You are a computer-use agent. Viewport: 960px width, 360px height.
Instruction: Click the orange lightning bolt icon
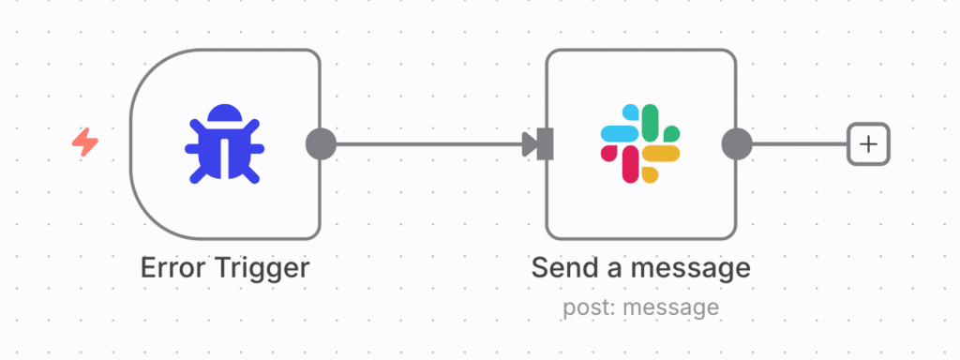(85, 142)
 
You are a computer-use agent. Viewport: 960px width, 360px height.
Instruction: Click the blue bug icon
(225, 143)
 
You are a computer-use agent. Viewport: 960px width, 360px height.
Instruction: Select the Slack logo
(640, 143)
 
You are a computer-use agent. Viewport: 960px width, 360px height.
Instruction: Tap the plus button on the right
(868, 144)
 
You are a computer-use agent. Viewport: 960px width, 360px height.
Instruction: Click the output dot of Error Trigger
(321, 144)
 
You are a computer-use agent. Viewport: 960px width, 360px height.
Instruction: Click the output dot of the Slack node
(737, 144)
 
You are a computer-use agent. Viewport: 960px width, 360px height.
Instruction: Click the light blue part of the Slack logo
(620, 134)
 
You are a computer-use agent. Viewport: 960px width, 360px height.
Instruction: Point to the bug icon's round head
(225, 115)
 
